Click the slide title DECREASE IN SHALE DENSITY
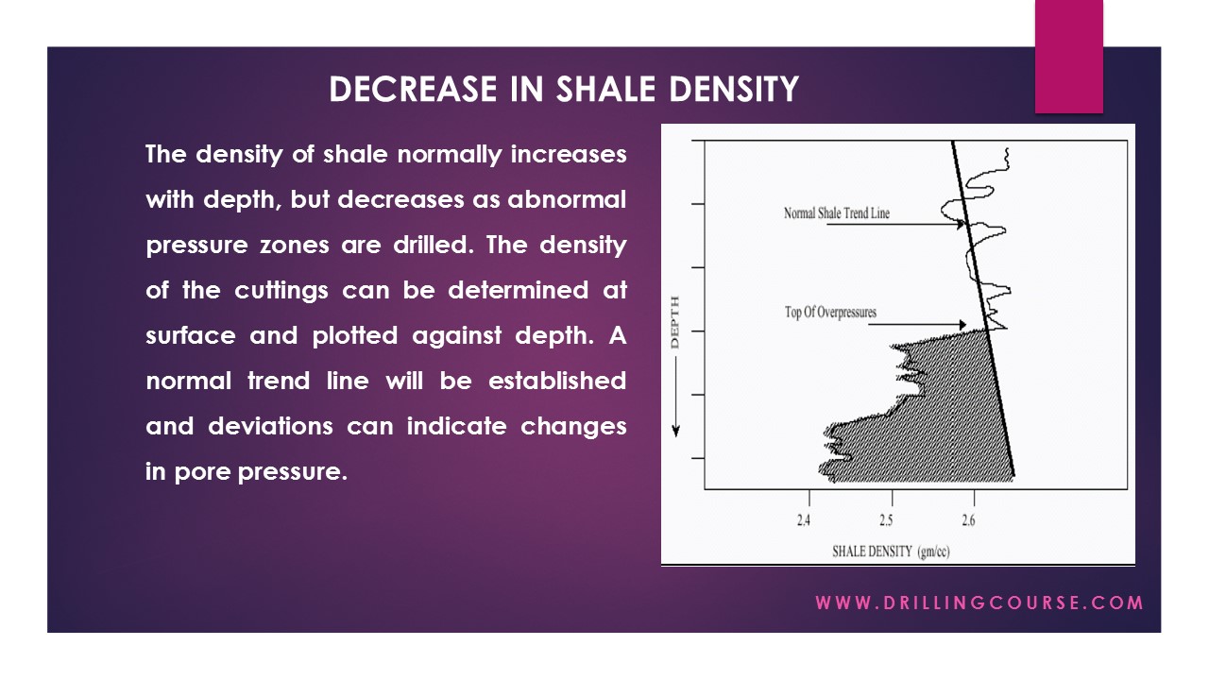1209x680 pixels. [564, 90]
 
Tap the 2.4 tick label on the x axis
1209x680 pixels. [804, 520]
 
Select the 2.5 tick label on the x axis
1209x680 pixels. [886, 520]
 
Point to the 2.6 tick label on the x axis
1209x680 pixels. [969, 520]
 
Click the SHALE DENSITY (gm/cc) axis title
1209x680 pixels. [890, 552]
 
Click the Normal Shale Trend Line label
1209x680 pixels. [836, 213]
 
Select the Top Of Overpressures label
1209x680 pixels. [830, 313]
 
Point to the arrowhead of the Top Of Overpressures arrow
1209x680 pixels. [979, 324]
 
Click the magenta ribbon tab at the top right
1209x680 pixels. [1068, 57]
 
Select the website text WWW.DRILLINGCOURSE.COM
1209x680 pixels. [979, 603]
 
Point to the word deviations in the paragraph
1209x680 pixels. [270, 426]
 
